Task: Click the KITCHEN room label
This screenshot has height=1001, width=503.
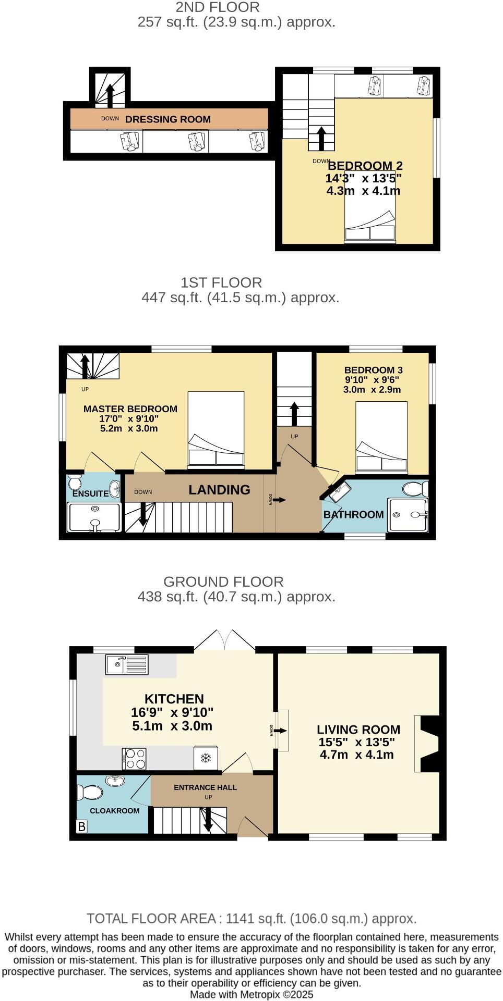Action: pos(174,699)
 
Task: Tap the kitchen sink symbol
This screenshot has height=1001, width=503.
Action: pos(127,664)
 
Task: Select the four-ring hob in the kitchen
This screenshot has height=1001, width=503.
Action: pos(135,759)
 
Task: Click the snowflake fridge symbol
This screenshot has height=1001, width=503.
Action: pos(206,758)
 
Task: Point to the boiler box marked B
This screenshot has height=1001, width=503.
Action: pos(81,826)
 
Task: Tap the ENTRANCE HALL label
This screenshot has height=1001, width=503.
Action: pos(205,787)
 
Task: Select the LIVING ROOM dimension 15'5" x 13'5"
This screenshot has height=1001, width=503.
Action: pos(356,743)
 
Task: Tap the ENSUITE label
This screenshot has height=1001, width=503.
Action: pos(90,493)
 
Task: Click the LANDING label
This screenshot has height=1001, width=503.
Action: pos(219,490)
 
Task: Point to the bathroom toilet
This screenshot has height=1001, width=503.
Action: pos(415,489)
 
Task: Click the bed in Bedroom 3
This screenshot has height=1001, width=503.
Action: pos(381,436)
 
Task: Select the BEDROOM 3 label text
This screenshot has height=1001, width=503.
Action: pos(373,370)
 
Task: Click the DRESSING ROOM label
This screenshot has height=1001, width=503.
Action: pos(167,119)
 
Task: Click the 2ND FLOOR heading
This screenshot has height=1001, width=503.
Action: pos(218,7)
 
